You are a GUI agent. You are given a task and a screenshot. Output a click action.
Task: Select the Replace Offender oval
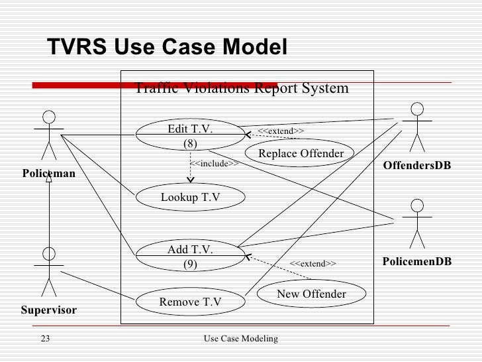[301, 154]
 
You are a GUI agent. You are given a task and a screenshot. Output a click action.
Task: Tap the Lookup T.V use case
[190, 197]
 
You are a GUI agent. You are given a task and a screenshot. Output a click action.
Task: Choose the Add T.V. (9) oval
[190, 257]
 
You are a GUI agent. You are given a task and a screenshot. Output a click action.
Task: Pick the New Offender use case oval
[311, 294]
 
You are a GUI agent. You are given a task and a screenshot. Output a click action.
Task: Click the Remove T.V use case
[190, 303]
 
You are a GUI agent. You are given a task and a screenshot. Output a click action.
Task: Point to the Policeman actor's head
[48, 117]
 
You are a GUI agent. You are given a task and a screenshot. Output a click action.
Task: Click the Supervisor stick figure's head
[48, 253]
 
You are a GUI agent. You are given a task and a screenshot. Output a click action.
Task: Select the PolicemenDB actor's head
[417, 205]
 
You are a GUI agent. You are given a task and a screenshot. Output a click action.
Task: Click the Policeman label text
[48, 174]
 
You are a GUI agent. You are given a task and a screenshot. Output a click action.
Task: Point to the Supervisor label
[48, 310]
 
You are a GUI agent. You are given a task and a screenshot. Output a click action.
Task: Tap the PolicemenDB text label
[417, 262]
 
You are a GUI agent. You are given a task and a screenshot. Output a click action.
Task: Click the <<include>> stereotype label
[214, 163]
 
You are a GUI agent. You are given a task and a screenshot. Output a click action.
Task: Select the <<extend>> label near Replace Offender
[280, 131]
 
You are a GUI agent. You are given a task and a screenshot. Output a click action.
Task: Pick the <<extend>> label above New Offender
[313, 264]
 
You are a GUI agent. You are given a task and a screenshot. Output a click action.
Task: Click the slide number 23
[45, 339]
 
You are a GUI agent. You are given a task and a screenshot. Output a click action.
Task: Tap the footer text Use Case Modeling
[240, 339]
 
